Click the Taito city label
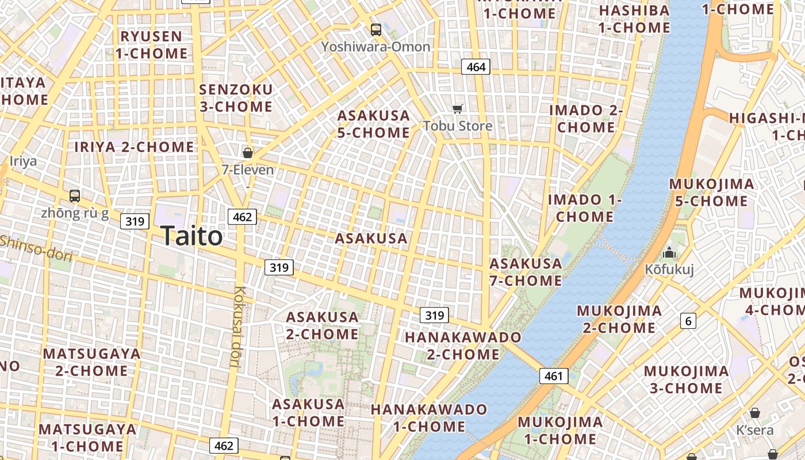coord(191,236)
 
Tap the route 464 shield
coord(476,67)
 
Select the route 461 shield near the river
coord(553,376)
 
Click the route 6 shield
coord(688,321)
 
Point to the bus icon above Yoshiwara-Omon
coord(375,29)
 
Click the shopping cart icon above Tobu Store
coord(458,109)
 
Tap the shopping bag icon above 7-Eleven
coord(248,152)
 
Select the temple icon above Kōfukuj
coord(669,252)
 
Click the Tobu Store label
coord(458,126)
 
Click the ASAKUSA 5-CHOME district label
coord(374,124)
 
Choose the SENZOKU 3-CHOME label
coord(236,98)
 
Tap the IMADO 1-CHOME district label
coord(585,208)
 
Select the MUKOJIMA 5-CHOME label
coord(712,193)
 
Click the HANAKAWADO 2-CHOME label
coord(463,346)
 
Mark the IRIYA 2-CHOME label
coord(135,147)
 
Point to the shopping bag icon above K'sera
coord(755,413)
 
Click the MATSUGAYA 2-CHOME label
coord(91,362)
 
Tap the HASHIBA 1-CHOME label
coord(634,19)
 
